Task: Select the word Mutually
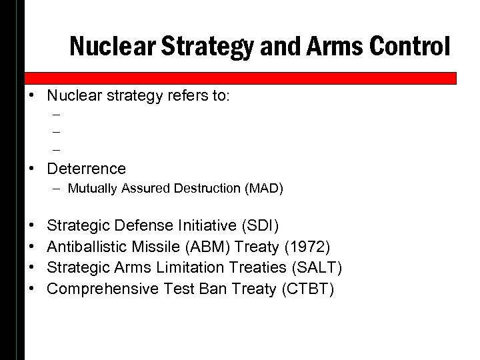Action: point(87,190)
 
